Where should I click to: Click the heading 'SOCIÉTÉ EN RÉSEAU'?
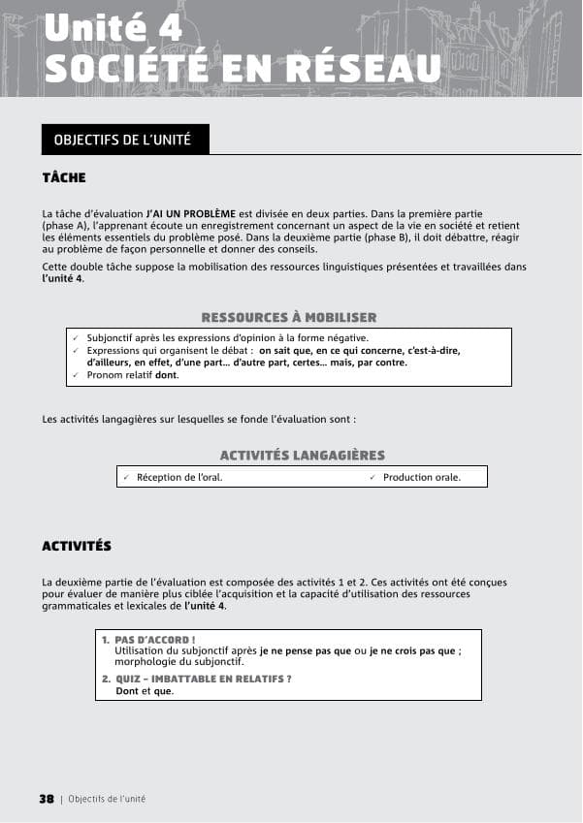(242, 68)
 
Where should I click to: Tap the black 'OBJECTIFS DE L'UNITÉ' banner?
(123, 140)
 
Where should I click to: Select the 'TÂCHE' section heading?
(64, 178)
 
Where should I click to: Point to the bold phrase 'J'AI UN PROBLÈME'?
(191, 212)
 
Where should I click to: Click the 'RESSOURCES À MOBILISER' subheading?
(288, 318)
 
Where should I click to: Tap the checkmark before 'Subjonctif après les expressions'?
(76, 338)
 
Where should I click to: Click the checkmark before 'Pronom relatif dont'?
(76, 375)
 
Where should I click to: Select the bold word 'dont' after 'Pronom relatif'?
(167, 375)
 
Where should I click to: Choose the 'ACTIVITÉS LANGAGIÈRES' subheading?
(302, 456)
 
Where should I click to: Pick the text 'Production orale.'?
(422, 477)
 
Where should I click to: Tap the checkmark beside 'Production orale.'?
(372, 477)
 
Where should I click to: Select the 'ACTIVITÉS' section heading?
(77, 547)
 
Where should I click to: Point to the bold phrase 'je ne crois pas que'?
(413, 651)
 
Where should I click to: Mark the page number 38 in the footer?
(47, 799)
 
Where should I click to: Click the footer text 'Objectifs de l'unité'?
(107, 799)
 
